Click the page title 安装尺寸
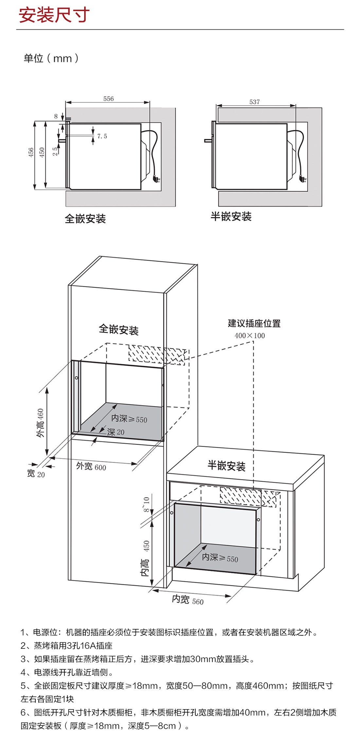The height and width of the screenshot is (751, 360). coord(54,15)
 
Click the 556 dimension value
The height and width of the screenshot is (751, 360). coord(108,99)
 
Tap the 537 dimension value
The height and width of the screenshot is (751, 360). coord(254,102)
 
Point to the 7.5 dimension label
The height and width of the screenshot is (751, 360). coord(102,136)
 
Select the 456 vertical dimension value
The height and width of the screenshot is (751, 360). coord(31,152)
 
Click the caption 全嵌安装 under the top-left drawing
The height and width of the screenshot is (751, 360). coord(85,219)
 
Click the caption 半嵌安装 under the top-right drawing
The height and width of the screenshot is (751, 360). coord(231,216)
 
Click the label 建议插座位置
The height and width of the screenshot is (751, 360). coord(254,323)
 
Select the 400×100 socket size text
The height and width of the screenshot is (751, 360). coord(249,336)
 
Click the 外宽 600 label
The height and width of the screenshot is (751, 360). coord(91,466)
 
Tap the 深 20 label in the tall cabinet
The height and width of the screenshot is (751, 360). coord(116,432)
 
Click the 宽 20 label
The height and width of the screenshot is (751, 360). coord(36,474)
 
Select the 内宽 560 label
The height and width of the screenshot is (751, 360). coord(188,600)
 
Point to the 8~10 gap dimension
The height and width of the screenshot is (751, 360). coord(146,504)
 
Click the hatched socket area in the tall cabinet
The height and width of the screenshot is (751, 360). coord(156,354)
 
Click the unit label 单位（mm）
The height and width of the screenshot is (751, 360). coord(51,58)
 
